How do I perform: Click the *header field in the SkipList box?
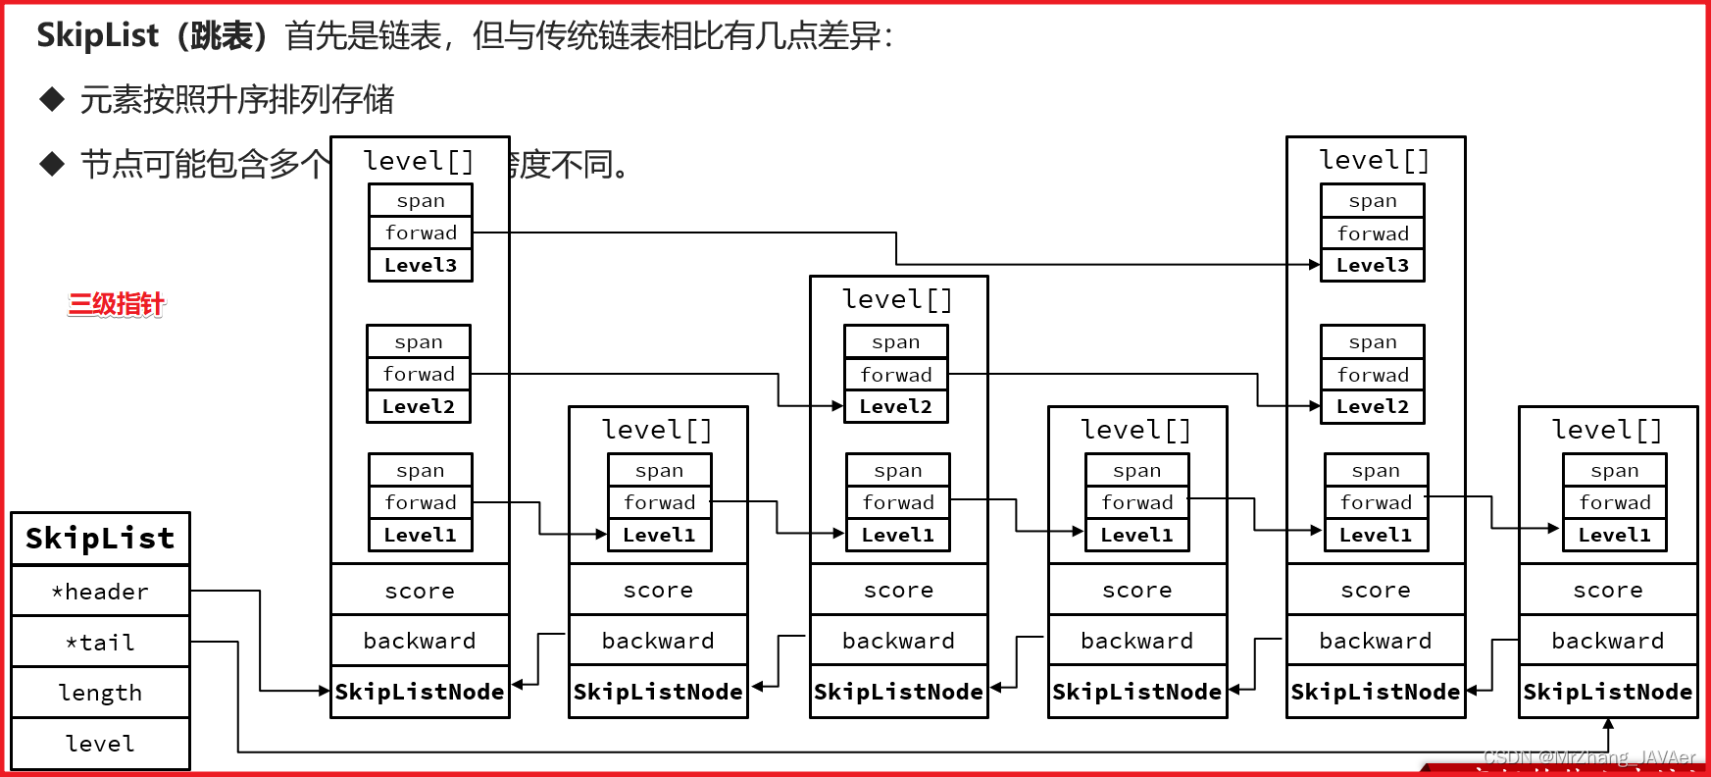click(x=100, y=592)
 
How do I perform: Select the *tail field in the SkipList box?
click(x=100, y=643)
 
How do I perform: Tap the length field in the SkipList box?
click(x=100, y=693)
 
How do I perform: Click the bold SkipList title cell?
click(x=100, y=539)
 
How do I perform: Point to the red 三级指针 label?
click(x=116, y=304)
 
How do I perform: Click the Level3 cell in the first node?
click(x=421, y=265)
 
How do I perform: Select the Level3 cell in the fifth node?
click(x=1372, y=265)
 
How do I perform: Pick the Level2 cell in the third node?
click(x=895, y=406)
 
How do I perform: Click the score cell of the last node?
click(x=1607, y=591)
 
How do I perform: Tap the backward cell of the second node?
click(x=658, y=641)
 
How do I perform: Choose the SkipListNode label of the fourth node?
click(x=1136, y=692)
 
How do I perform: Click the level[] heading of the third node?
click(x=897, y=299)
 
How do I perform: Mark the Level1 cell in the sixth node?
click(x=1614, y=535)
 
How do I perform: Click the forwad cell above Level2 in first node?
click(x=419, y=374)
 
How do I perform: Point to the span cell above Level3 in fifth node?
click(x=1372, y=201)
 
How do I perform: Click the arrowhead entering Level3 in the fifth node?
click(x=1315, y=265)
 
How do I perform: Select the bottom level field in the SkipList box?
click(x=100, y=744)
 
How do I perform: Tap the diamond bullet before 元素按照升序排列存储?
click(x=52, y=99)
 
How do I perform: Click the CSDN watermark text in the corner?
click(x=1588, y=757)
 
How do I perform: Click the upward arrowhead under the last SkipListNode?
click(x=1608, y=724)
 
